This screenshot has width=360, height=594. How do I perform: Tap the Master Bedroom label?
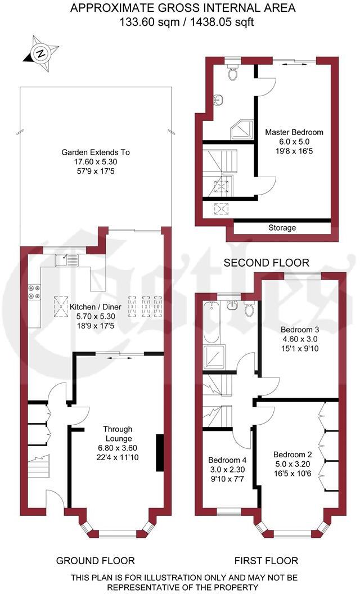coord(294,132)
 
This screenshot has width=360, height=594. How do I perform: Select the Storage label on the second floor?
coord(282,228)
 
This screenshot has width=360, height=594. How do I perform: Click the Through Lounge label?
coord(118,434)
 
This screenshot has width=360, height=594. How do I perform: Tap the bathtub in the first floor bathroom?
coord(211,322)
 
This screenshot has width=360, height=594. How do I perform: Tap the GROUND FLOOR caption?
coord(95,560)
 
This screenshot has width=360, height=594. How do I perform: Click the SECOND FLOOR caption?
coord(267,263)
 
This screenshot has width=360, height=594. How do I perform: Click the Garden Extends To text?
coord(96,152)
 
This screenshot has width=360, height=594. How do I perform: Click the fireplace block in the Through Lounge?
coord(160,453)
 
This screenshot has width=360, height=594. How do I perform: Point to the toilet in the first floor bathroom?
coord(250,308)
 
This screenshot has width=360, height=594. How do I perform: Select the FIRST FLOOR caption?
coord(266,560)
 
